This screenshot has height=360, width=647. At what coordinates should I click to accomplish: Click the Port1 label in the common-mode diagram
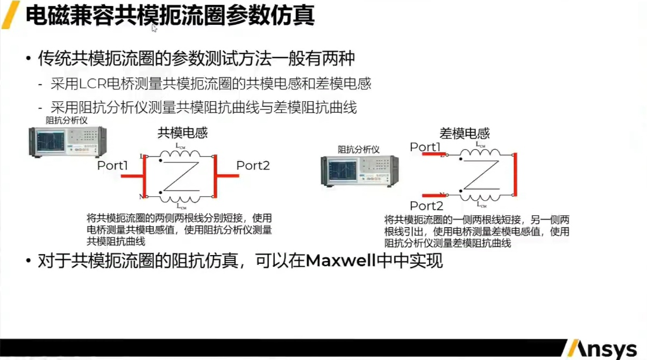tap(112, 166)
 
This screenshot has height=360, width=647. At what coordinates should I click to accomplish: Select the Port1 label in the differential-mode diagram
tap(425, 146)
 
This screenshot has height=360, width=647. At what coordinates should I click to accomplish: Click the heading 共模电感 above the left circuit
tap(182, 133)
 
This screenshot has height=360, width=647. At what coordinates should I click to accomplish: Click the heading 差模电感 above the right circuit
tap(465, 133)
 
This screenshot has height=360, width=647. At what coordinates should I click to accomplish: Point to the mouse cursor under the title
tap(154, 28)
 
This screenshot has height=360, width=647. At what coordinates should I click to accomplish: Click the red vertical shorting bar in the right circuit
tap(515, 175)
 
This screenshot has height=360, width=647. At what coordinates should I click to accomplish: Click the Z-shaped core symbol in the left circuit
tap(181, 175)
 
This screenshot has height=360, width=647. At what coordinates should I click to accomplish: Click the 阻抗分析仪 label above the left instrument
tap(67, 119)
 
